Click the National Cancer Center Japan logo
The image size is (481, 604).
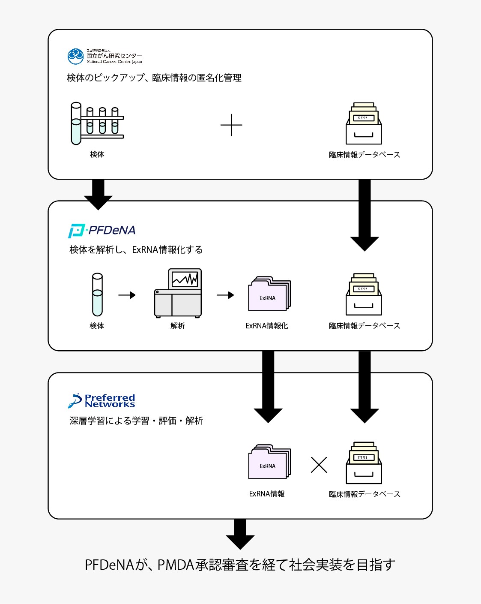105,56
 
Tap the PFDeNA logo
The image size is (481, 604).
102,231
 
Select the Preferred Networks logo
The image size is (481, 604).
102,401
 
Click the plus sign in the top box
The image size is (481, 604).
231,125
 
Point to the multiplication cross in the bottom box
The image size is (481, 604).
319,465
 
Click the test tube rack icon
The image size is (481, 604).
97,123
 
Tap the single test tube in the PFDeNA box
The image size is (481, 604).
98,295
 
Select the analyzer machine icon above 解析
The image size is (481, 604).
178,294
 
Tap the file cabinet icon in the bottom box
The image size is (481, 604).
364,463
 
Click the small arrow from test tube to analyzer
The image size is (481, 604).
127,295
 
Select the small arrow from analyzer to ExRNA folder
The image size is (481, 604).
225,295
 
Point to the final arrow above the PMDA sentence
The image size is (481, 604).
240,534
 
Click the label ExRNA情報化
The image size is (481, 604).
266,326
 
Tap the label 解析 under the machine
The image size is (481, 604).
178,326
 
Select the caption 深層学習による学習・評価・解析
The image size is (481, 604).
136,421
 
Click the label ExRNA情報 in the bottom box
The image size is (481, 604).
267,494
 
